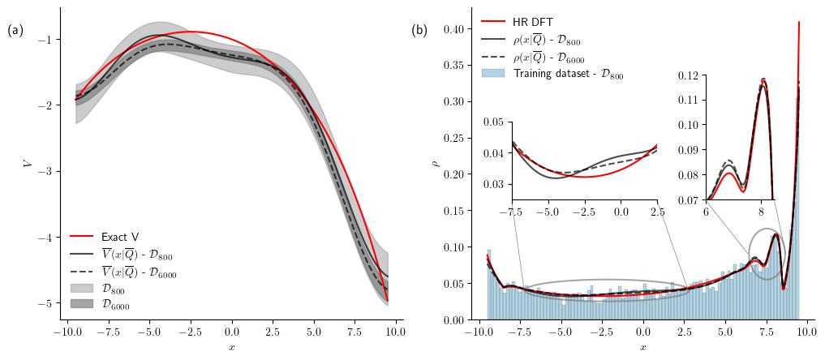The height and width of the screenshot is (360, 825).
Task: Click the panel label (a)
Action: (x=15, y=31)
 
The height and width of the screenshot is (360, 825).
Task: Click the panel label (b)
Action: (x=419, y=31)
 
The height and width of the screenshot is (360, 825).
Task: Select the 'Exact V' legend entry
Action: (x=119, y=237)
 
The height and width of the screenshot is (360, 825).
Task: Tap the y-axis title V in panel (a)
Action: (x=28, y=163)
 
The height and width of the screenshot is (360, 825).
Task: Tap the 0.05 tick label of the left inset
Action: (x=493, y=122)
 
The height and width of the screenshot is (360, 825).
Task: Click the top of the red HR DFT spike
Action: (x=799, y=23)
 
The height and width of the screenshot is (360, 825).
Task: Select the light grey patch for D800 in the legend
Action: (x=82, y=288)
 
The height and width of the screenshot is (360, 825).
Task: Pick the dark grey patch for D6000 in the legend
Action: (x=82, y=305)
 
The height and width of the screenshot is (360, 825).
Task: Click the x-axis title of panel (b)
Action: (x=643, y=347)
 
